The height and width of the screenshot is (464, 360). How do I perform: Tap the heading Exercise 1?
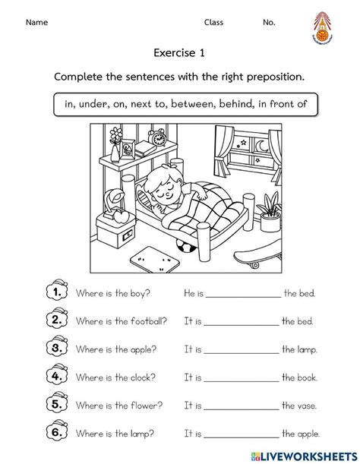(179, 53)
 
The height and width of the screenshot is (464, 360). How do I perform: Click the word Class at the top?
(214, 23)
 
